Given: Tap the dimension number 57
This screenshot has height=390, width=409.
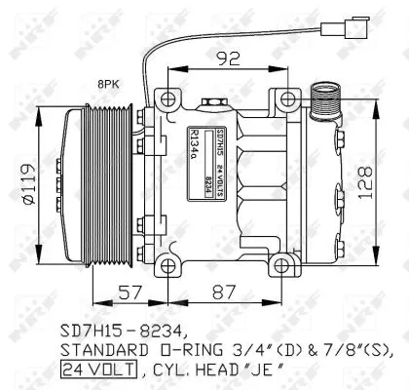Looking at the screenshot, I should [x=130, y=292].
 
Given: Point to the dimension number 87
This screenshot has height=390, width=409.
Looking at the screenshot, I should [x=226, y=292].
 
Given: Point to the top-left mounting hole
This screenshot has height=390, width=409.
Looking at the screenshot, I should [x=167, y=97].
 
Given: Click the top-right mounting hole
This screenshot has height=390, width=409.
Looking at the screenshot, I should [x=288, y=97].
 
